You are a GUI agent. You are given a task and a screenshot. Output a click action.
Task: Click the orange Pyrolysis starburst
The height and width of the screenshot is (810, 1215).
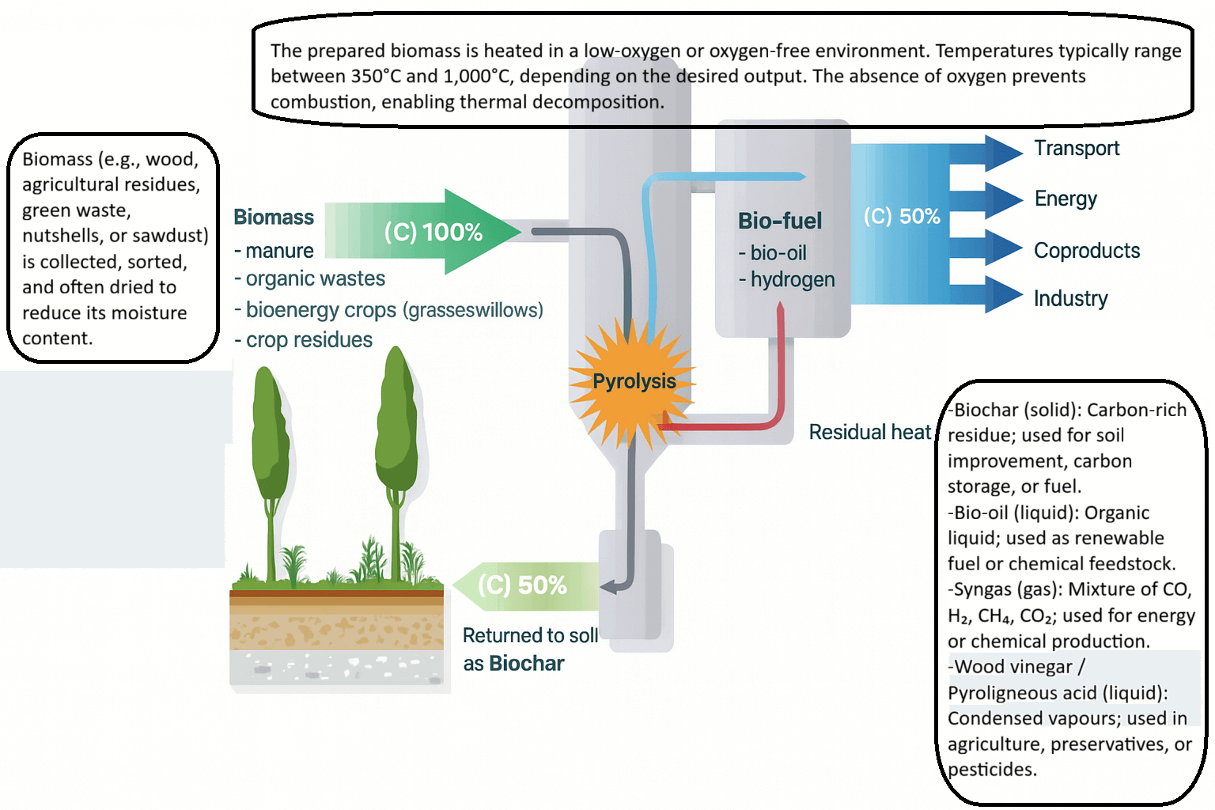tap(633, 382)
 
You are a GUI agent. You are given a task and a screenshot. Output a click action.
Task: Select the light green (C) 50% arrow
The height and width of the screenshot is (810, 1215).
tap(522, 585)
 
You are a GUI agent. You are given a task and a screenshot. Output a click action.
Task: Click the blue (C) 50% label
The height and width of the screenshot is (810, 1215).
tap(902, 216)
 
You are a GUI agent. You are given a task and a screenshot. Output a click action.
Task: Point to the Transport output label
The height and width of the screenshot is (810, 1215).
tap(1077, 149)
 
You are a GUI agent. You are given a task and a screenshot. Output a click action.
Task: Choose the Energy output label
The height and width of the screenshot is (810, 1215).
tap(1065, 199)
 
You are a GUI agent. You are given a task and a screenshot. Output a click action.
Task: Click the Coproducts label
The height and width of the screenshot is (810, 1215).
tap(1087, 251)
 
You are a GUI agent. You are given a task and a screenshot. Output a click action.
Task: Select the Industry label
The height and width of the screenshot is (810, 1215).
tap(1070, 298)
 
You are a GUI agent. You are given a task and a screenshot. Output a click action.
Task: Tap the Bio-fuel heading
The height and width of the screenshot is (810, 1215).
tap(780, 221)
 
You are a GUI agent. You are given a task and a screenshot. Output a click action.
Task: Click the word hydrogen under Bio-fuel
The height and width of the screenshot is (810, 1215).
tap(793, 279)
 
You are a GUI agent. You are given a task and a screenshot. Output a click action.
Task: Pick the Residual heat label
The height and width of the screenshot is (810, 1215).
tap(869, 432)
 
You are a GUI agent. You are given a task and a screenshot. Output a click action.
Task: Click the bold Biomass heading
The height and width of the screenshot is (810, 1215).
tap(274, 218)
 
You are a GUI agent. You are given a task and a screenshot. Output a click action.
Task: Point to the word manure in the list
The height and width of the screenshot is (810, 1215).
tap(279, 251)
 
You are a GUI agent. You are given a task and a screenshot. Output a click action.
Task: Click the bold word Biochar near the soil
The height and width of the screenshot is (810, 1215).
tap(527, 663)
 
